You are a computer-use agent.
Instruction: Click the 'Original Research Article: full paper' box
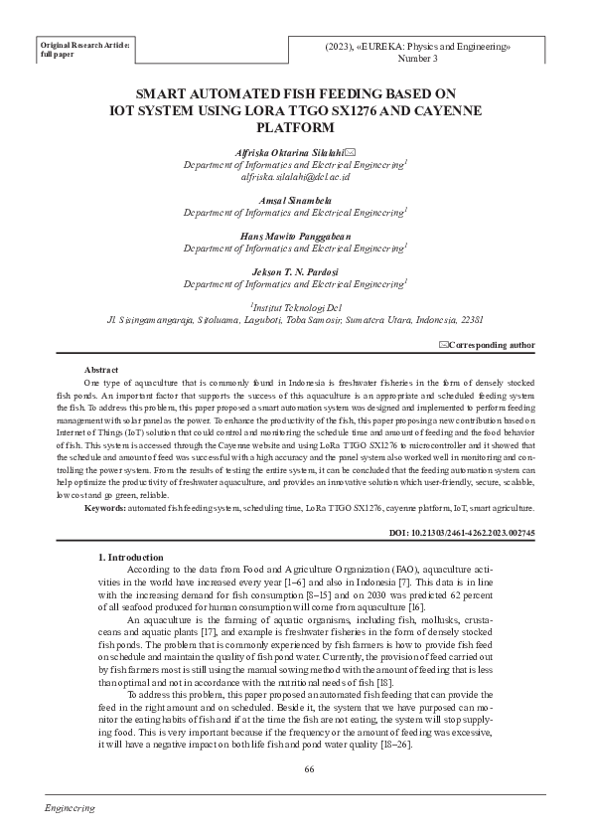84,50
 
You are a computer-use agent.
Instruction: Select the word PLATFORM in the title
296,128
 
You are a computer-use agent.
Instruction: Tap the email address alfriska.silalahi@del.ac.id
295,176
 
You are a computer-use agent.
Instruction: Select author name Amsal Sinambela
295,200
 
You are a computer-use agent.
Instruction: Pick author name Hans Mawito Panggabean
295,236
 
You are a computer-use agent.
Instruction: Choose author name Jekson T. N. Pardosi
295,271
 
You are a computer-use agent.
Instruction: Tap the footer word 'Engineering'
71,809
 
